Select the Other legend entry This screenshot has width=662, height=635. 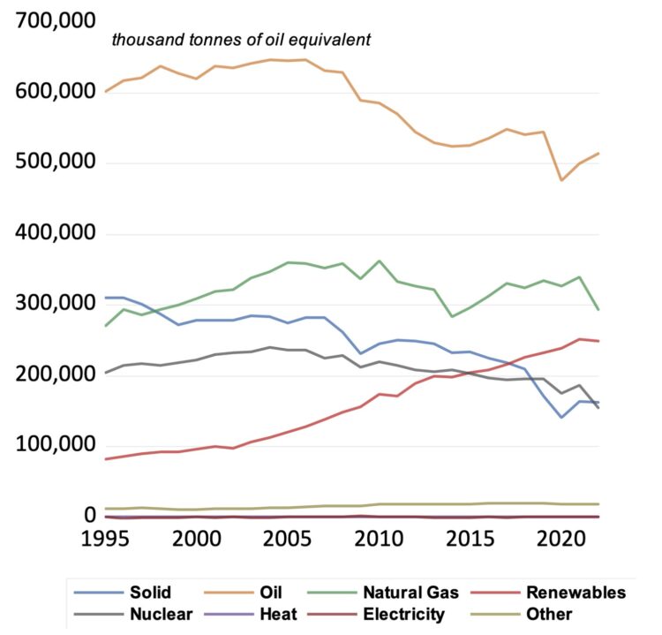point(549,614)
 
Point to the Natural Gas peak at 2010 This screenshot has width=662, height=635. point(379,261)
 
